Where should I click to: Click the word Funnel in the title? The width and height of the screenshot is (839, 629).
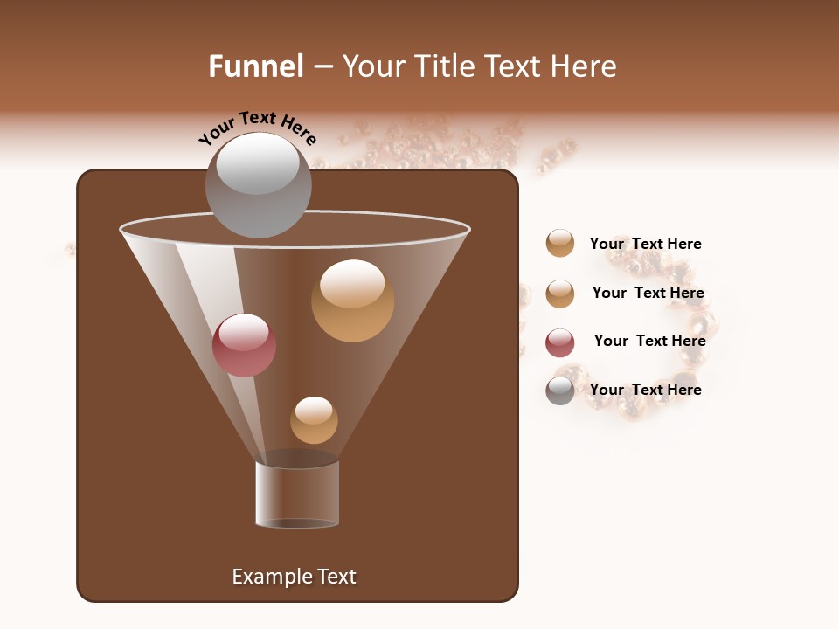coord(255,66)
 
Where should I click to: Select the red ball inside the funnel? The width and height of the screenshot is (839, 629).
coord(244,345)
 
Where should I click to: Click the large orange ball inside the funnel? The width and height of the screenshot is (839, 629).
coord(352,301)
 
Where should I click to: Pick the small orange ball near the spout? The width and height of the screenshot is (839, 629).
coord(314,420)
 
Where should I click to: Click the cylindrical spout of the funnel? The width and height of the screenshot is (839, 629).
coord(297,494)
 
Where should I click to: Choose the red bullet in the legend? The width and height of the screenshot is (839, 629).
coord(560,342)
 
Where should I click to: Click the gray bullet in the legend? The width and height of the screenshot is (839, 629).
coord(560,391)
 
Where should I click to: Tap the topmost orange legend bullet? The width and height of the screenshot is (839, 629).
coord(560,244)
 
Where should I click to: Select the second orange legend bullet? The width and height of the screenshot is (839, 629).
coord(560,294)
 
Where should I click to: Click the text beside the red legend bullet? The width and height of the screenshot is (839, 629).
coord(649,341)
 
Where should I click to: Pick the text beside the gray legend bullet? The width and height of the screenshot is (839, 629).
coord(645,390)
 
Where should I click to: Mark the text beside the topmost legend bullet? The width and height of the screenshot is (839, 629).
coord(645,244)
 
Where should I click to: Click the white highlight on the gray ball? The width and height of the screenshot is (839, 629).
coord(257,163)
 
